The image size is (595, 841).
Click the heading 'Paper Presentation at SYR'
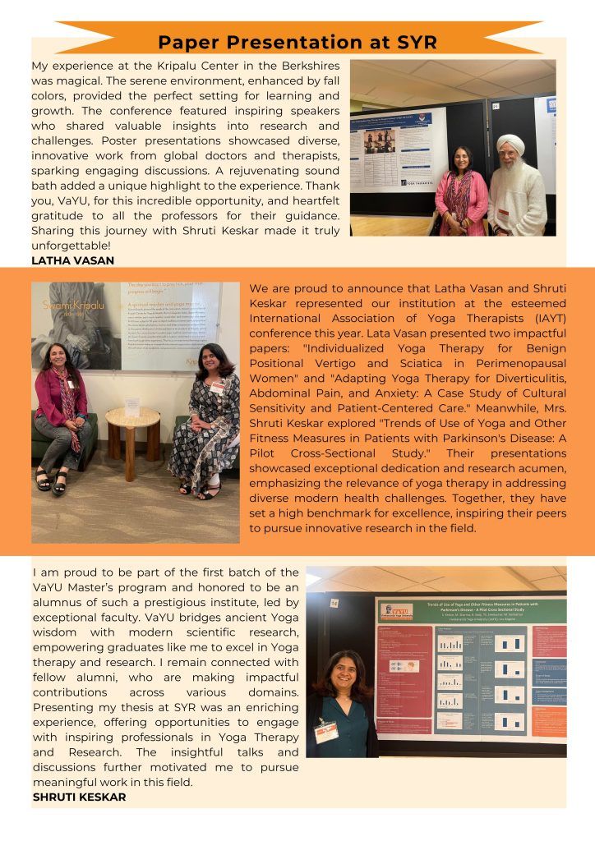pos(297,42)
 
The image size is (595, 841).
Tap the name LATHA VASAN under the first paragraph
pos(72,260)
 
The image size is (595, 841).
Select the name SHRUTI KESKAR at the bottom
pos(79,797)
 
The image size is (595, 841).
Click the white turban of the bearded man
pos(510,144)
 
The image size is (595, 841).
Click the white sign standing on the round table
pos(131,404)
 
